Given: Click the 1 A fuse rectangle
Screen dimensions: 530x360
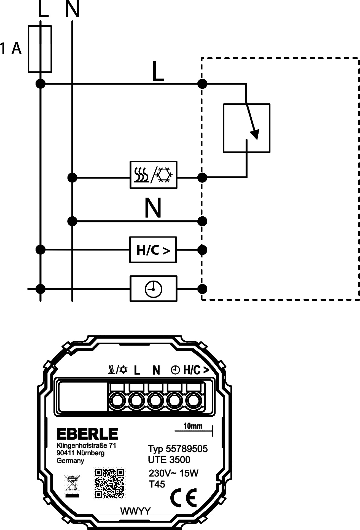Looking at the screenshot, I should [x=40, y=49].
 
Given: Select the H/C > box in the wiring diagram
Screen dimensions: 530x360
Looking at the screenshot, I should [x=153, y=250].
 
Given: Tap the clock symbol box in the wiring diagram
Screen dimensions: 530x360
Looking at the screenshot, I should [x=154, y=289].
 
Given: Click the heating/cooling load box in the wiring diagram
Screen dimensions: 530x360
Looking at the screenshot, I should [x=154, y=175].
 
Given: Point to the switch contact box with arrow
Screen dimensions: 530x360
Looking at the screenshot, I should [x=246, y=128].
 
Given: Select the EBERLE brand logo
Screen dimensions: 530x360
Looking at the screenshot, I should [x=87, y=434].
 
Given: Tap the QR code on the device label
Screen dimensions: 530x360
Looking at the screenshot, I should [x=109, y=483].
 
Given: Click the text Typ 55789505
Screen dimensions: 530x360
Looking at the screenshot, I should [x=178, y=449].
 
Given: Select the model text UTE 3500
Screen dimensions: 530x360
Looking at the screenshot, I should [x=169, y=460].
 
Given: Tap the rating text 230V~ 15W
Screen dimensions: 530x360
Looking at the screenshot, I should [x=173, y=473].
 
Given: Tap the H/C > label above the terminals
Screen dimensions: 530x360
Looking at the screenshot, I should [x=196, y=370].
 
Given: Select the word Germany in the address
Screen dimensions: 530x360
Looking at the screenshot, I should [x=70, y=461].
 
